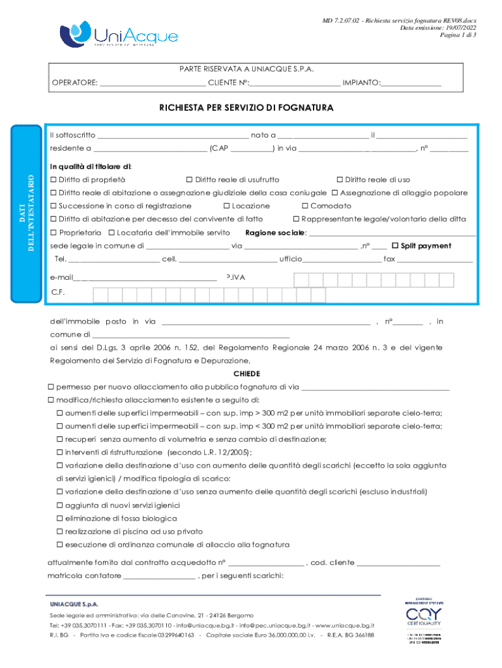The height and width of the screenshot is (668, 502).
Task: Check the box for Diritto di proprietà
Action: tap(54, 179)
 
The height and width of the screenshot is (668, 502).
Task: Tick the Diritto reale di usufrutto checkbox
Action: tap(190, 179)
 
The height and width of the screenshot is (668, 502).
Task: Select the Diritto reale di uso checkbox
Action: tap(340, 179)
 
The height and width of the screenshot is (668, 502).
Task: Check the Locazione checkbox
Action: tap(236, 206)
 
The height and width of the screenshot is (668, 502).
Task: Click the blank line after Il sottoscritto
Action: tap(173, 136)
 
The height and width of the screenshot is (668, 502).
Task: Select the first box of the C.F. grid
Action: tap(101, 296)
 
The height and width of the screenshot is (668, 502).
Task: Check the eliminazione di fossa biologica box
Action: tap(59, 518)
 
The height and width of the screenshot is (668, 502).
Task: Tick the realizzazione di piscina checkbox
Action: tap(59, 531)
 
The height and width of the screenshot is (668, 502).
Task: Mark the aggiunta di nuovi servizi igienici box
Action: tap(59, 505)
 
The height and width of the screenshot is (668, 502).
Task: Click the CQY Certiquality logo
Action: tap(424, 618)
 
